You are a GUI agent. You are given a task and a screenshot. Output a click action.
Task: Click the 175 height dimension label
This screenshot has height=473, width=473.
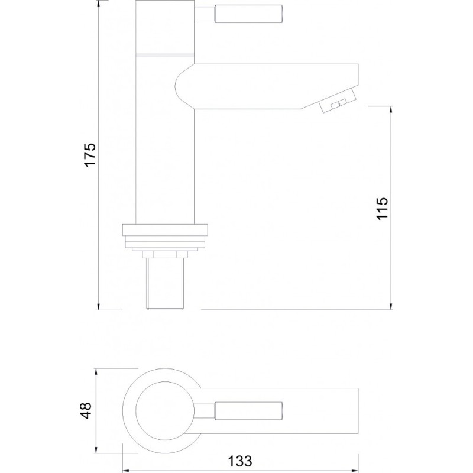90,155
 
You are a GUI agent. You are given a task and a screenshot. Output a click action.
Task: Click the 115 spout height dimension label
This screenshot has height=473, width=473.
382,209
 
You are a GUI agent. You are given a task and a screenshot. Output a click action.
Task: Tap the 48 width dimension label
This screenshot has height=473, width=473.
85,410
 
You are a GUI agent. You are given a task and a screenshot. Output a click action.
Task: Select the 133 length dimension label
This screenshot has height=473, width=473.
239,461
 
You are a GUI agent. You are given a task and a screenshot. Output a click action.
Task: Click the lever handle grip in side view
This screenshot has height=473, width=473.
248,14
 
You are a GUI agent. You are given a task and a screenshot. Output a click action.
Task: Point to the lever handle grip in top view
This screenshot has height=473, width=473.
248,411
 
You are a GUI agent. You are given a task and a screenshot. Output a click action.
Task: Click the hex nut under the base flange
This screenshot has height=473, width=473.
165,255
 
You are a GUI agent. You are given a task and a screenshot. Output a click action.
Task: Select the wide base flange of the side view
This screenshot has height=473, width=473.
166,229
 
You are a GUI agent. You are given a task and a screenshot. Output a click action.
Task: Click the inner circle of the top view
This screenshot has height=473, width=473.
165,411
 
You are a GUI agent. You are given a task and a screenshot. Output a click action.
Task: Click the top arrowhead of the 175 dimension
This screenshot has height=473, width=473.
99,4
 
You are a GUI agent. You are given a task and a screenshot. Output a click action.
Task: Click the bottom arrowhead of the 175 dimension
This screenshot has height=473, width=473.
99,306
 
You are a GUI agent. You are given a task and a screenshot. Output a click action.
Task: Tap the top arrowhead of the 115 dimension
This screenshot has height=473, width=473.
391,110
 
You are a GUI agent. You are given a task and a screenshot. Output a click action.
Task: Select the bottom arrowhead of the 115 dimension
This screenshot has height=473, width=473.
391,306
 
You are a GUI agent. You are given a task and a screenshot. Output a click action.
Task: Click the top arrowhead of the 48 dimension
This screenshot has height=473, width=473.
96,372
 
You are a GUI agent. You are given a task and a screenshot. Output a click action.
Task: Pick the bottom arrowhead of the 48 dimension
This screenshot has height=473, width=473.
96,449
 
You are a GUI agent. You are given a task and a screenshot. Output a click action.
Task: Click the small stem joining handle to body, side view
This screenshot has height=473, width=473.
204,14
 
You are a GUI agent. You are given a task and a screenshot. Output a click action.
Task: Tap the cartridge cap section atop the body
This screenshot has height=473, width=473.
165,27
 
